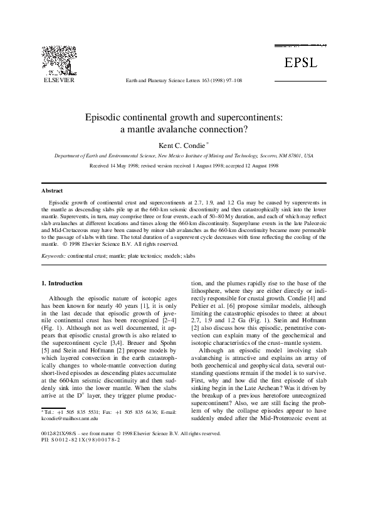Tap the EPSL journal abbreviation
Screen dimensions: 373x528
tap(301, 62)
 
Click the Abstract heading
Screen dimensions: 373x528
tap(52, 190)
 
